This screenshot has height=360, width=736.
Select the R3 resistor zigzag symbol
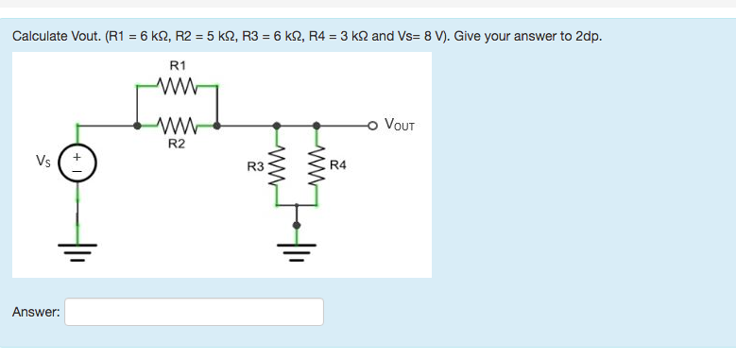277,166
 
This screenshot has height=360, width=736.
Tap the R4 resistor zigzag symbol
317,166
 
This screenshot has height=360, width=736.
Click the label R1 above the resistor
177,65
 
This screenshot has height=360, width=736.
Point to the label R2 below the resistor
177,145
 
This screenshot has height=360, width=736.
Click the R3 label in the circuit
255,167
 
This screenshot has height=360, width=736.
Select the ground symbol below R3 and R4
297,251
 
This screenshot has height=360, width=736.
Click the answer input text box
194,312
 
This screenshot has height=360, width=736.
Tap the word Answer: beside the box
37,312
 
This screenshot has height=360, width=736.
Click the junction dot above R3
277,125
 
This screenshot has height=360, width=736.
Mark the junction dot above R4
317,125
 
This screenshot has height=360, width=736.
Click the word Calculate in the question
40,36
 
